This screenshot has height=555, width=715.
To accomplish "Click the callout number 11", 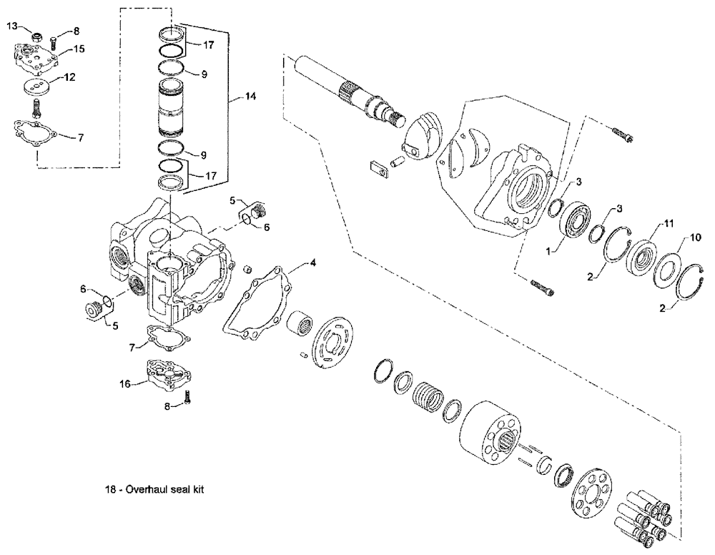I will [669, 224].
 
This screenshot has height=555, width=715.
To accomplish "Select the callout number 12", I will [71, 77].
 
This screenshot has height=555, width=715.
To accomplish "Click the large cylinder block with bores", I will [494, 433].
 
